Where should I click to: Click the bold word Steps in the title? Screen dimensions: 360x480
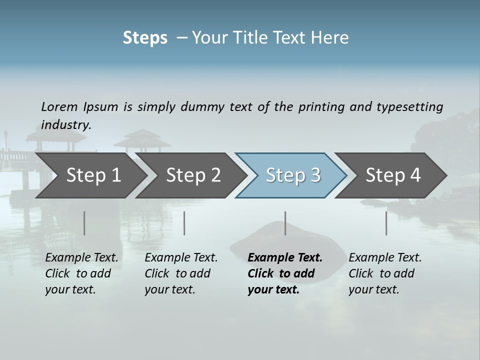pos(145,38)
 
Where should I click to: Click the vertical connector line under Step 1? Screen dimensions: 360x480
pos(84,223)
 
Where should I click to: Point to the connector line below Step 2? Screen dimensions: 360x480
pos(184,223)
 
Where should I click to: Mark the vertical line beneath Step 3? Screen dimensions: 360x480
pos(285,223)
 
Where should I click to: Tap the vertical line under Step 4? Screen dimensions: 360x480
pos(386,223)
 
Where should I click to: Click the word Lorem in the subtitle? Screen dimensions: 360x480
pos(59,106)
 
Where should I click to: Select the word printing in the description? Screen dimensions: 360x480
pos(321,107)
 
